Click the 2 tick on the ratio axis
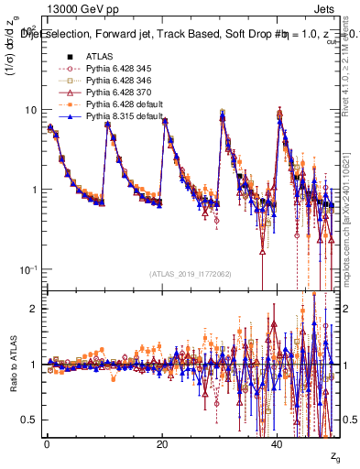[35, 309]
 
